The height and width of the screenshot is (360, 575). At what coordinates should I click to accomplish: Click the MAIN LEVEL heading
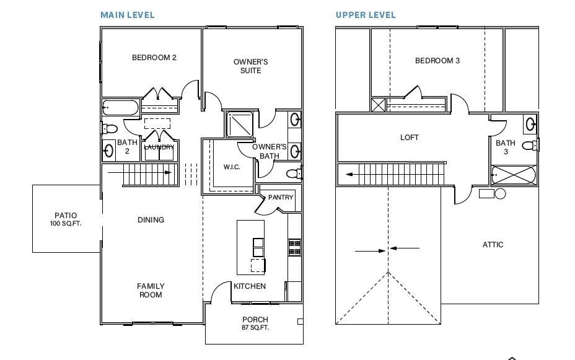pos(128,15)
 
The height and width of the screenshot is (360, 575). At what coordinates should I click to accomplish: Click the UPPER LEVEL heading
pos(366,15)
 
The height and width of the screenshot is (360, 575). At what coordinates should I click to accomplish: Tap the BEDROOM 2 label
pos(154,58)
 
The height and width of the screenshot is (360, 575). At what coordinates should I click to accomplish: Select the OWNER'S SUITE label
pos(251,66)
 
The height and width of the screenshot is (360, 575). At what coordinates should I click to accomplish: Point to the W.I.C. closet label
pos(231,167)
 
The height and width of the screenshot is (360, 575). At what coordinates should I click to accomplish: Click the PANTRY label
pos(281,198)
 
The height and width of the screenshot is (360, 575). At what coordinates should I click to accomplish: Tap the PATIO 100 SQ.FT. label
pos(66,219)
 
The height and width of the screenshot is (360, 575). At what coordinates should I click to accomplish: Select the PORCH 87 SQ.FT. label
pos(255,323)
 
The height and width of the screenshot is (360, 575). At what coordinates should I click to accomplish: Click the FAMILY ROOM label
pos(151,290)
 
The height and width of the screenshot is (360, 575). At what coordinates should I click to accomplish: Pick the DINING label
pos(151,220)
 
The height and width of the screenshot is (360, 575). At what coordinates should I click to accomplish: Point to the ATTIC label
pos(493,245)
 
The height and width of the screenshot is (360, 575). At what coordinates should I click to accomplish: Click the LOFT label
pos(410,138)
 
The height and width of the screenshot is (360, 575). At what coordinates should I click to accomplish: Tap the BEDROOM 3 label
pos(437,61)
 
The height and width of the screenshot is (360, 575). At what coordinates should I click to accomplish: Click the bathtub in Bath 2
pos(121,108)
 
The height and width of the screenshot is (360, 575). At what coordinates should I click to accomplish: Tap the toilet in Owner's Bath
pos(294,173)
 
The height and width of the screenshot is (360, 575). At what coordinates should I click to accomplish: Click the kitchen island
pos(250,247)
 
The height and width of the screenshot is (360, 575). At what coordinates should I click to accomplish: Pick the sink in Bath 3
pos(531,124)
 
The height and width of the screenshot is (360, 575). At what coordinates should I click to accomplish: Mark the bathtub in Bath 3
pos(514,175)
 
